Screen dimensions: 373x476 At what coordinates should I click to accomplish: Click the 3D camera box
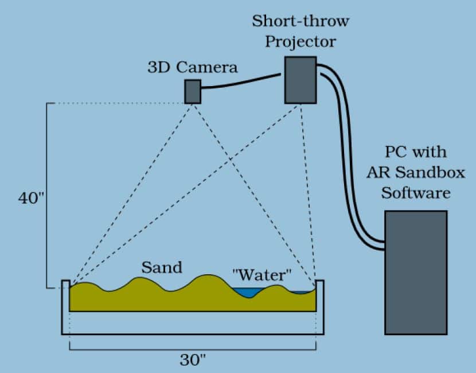[x=193, y=91]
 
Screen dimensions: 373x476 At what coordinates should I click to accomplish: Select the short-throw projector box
[x=301, y=80]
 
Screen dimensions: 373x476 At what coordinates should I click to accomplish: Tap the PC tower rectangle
[x=415, y=272]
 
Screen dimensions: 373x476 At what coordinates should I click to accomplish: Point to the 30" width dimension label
[x=193, y=360]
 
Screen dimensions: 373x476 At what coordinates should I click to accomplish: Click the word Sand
[x=161, y=267]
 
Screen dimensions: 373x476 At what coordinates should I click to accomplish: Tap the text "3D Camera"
[x=192, y=67]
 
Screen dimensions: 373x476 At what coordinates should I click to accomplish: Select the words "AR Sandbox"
[x=416, y=173]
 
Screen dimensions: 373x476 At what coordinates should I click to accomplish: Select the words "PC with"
[x=416, y=153]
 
